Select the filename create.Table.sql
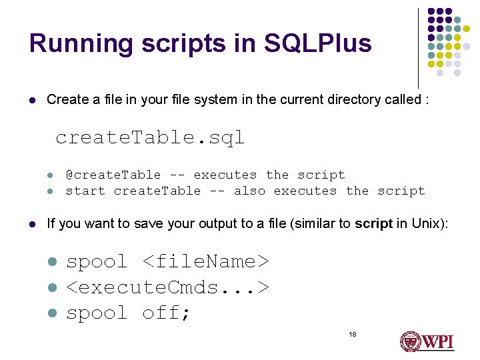(x=150, y=138)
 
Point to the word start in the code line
(x=85, y=191)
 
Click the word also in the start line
(x=250, y=191)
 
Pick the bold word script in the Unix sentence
(x=373, y=224)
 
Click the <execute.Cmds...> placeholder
(x=168, y=288)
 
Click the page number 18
(x=353, y=334)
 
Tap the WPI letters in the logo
(x=436, y=342)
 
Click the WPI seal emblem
(x=409, y=342)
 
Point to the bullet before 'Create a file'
(x=32, y=101)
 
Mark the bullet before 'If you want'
(x=32, y=225)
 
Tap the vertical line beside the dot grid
(x=419, y=47)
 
